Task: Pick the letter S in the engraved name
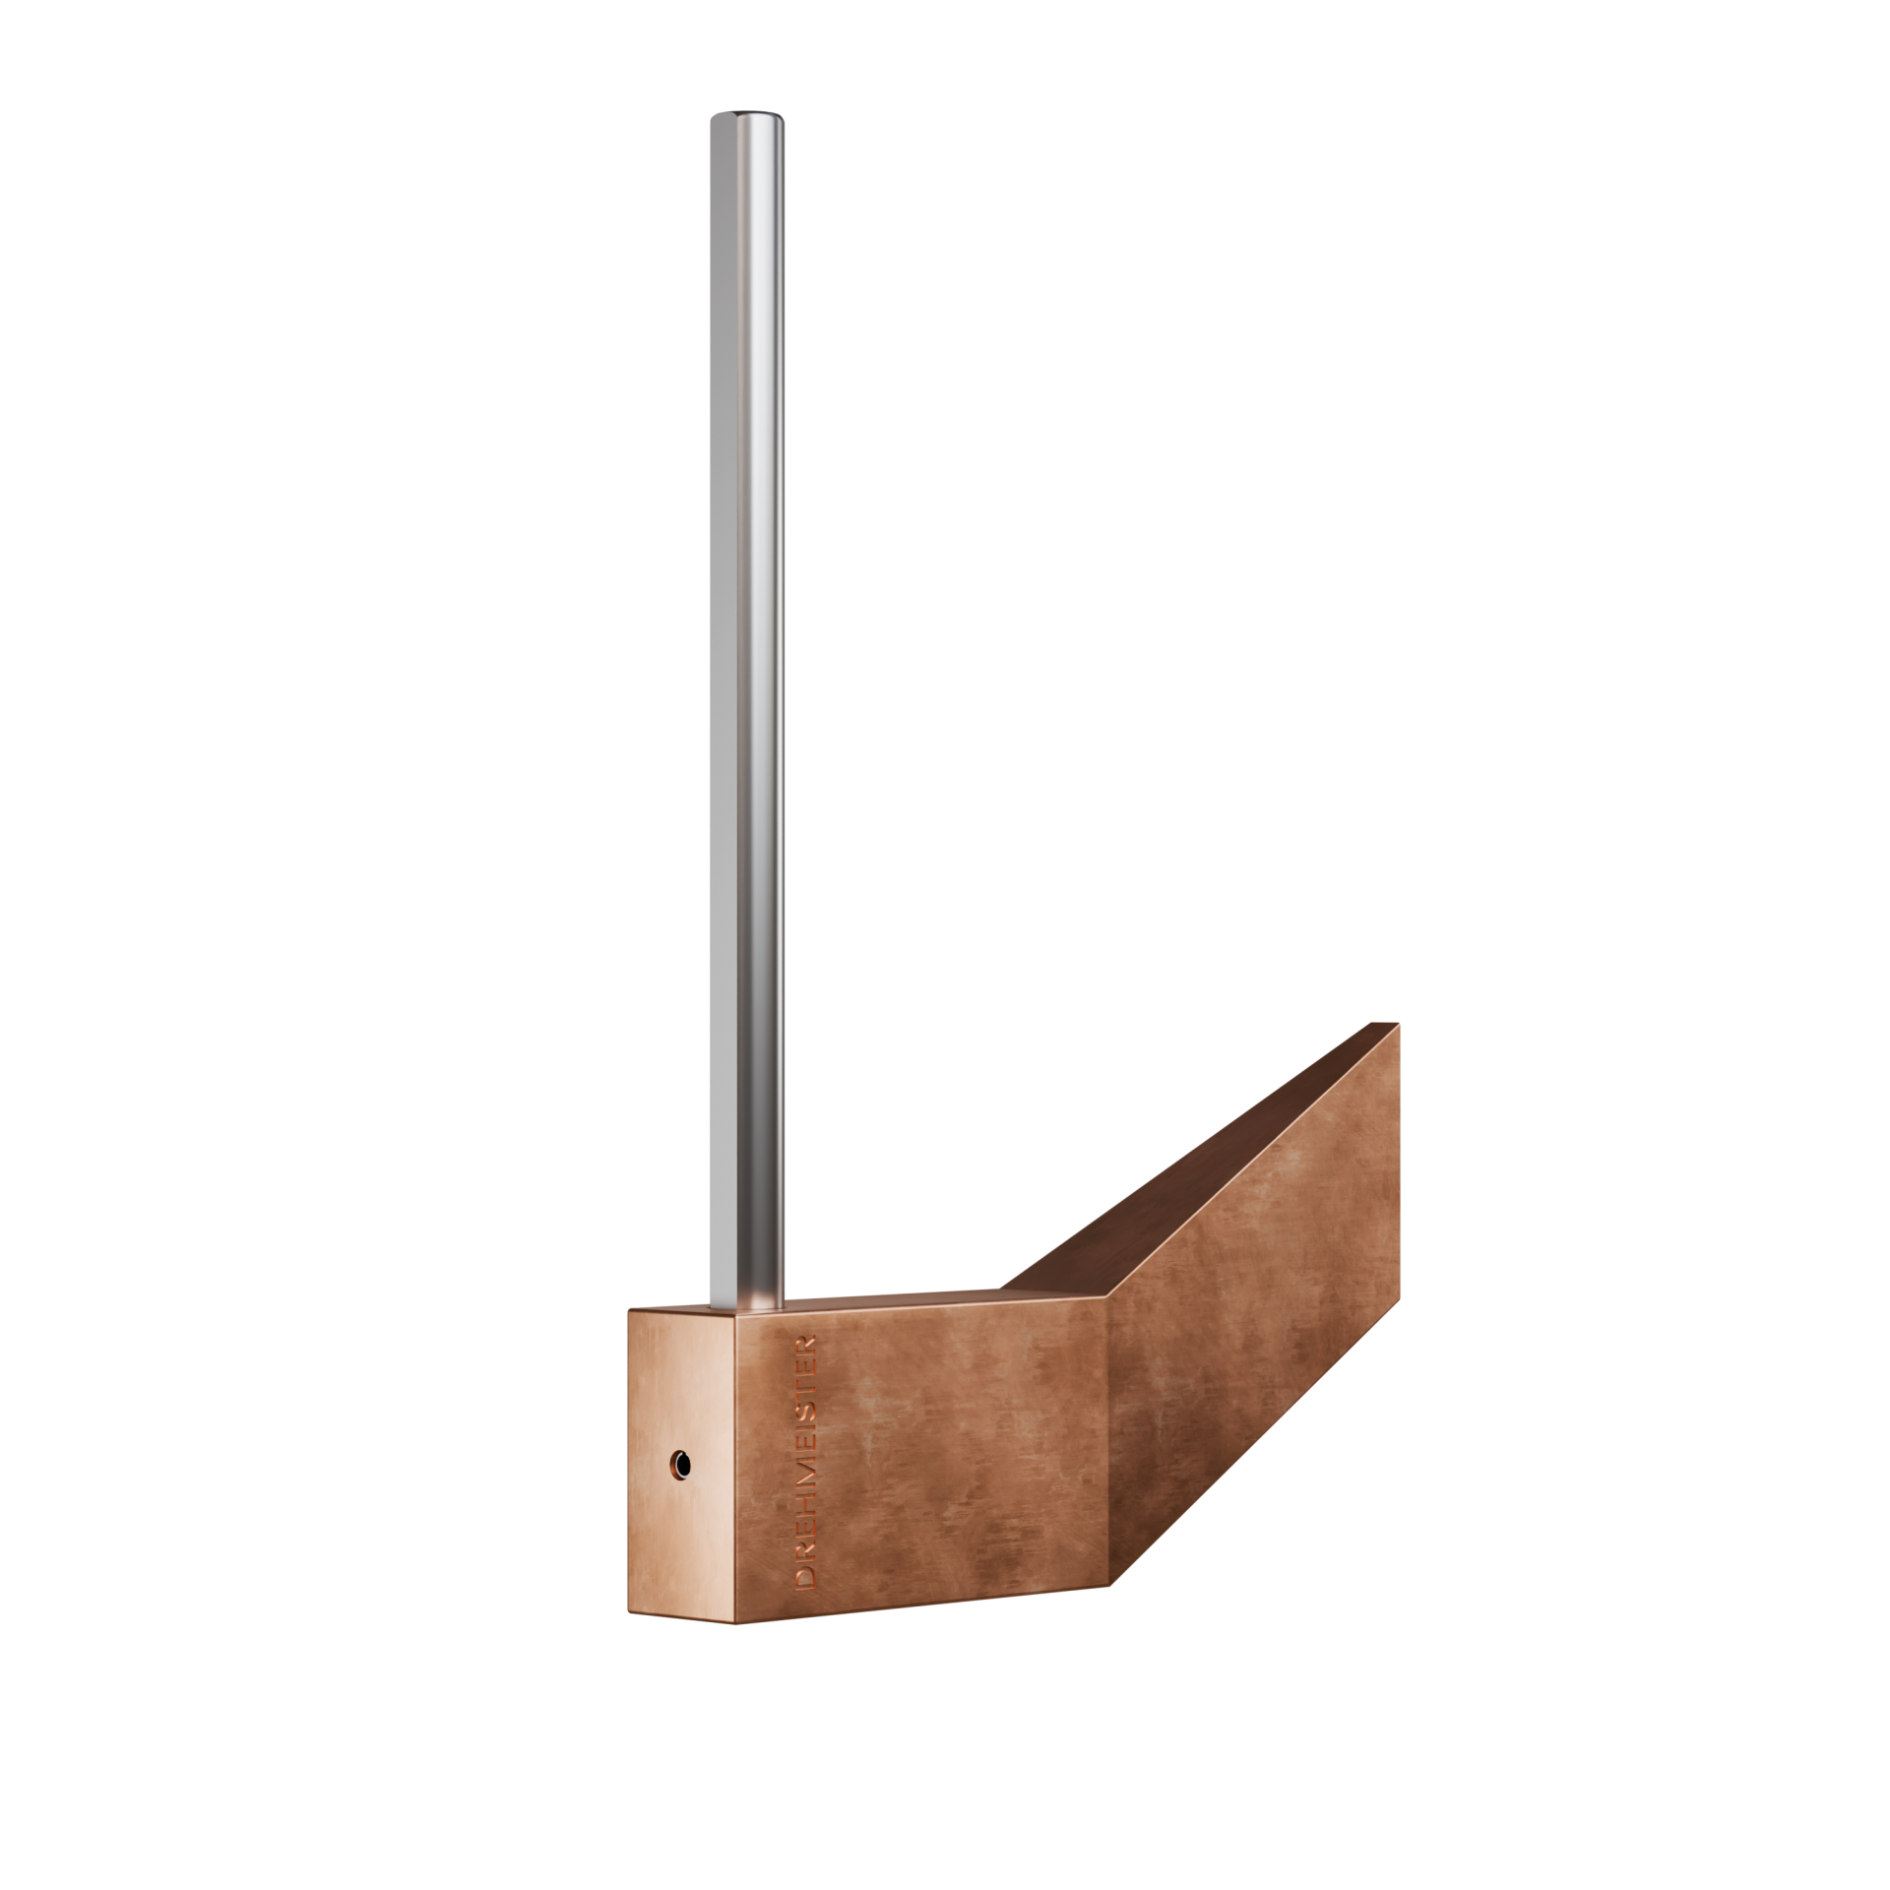click(805, 1413)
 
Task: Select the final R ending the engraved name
click(805, 1346)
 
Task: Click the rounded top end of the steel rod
click(748, 120)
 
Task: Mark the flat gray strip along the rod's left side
click(717, 689)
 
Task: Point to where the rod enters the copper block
click(748, 1307)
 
